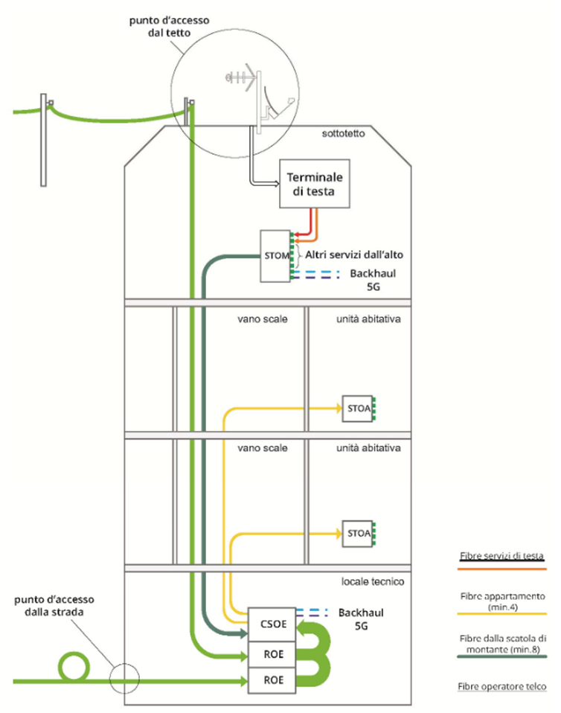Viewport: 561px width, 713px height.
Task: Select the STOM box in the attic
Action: point(273,257)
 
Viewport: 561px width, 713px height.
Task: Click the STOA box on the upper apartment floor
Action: point(358,408)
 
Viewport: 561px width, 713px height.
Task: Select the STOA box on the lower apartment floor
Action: point(358,533)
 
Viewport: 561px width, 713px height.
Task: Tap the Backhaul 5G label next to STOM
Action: point(371,278)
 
